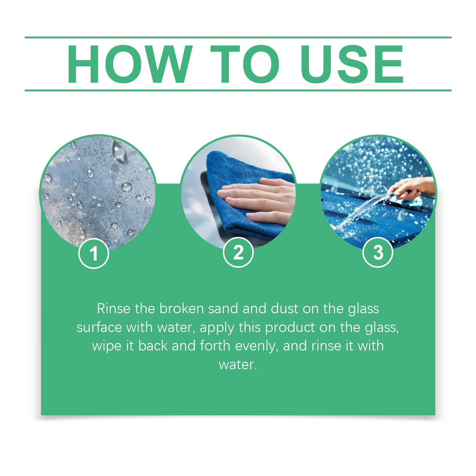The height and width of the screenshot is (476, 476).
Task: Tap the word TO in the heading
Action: coord(245,64)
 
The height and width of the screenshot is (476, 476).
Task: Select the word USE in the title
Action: coord(352,64)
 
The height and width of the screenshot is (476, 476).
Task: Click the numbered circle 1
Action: coord(94,254)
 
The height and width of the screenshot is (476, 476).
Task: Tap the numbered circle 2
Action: coord(238,253)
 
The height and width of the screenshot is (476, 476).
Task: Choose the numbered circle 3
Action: coord(378,253)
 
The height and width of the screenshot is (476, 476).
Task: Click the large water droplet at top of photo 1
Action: coord(119,151)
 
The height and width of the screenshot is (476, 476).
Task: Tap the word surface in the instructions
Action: coord(99,327)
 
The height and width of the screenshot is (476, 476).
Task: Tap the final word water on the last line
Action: coord(237,365)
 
